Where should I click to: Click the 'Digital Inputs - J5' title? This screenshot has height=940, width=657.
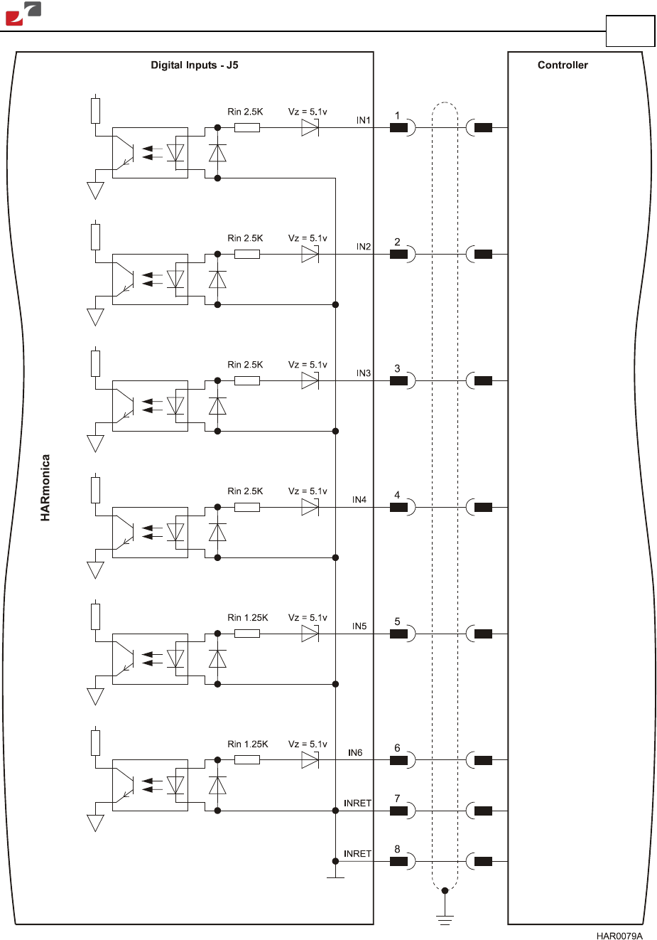pos(195,65)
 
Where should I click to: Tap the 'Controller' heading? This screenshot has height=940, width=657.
pos(563,65)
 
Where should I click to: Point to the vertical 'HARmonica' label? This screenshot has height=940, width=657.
pos(45,488)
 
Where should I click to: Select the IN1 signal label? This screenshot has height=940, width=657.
pos(364,120)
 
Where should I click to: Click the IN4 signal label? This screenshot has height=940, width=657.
pos(359,499)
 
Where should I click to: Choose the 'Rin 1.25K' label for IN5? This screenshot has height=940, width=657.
pos(247,617)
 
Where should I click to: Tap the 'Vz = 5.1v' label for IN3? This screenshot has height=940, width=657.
pos(308,364)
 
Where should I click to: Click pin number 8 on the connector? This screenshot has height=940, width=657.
pos(397,849)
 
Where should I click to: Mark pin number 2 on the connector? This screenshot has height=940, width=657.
pos(397,242)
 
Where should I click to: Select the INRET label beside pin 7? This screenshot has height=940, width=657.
pos(357,803)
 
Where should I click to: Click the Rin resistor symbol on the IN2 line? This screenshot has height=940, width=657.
pos(247,254)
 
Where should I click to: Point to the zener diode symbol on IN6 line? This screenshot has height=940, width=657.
pos(310,759)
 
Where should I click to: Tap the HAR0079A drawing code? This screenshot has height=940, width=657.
pos(619,936)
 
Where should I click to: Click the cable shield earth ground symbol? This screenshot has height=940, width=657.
pos(445,918)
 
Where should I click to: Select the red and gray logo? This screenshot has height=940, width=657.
pos(23,14)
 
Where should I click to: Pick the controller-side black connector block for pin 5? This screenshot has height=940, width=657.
pos(483,634)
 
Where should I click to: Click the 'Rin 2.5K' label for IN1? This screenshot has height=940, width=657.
pos(245,112)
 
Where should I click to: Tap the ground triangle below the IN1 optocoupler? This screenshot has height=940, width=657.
pos(95,191)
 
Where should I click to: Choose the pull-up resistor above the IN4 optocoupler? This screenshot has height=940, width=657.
pos(96,490)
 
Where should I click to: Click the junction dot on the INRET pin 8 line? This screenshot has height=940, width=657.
pos(335,861)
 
